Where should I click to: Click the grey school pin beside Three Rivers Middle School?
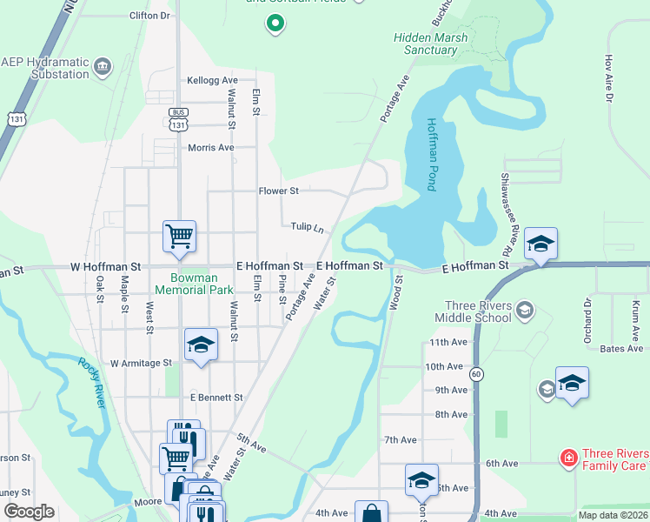pyautogui.click(x=524, y=309)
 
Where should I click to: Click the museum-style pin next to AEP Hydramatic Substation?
pyautogui.click(x=103, y=66)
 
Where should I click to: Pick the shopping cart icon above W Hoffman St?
pyautogui.click(x=179, y=235)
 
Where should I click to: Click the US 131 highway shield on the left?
pyautogui.click(x=17, y=119)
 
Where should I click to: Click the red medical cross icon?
pyautogui.click(x=567, y=458)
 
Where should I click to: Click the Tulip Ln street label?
pyautogui.click(x=308, y=226)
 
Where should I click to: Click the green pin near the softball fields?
pyautogui.click(x=275, y=23)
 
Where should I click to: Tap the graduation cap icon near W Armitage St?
pyautogui.click(x=200, y=345)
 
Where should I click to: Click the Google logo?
pyautogui.click(x=29, y=512)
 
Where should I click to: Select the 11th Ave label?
pyautogui.click(x=448, y=343)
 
